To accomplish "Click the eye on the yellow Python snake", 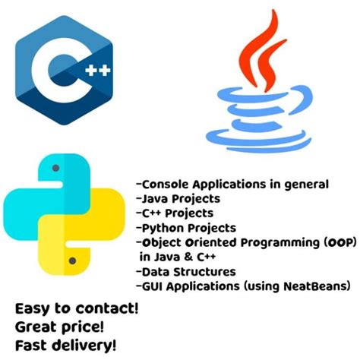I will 73,261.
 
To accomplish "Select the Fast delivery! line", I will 66,346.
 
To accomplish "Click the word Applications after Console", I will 226,185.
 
